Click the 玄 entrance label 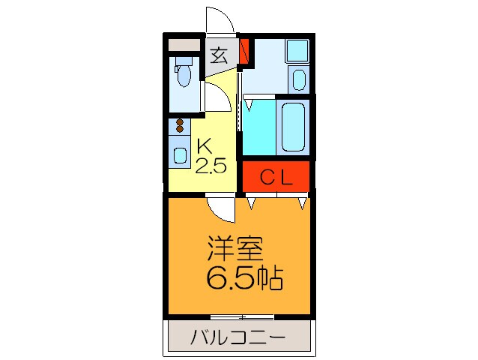point(218,55)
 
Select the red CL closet point(276,177)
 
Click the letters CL point(276,177)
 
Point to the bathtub point(293,125)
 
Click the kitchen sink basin point(180,154)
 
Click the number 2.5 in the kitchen point(211,165)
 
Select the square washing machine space point(297,51)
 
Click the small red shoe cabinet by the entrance point(243,50)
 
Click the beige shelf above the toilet point(184,44)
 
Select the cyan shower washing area point(258,125)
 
